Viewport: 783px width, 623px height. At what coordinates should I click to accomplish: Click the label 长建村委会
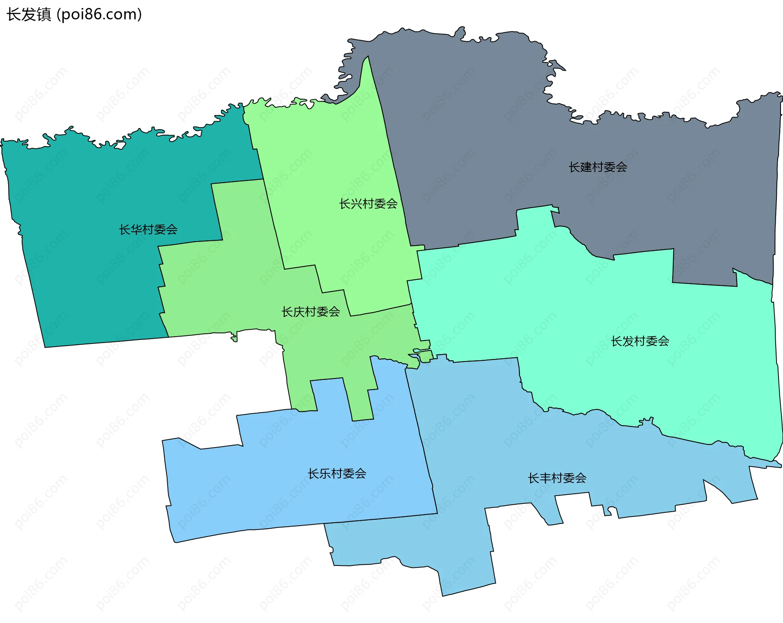coord(598,167)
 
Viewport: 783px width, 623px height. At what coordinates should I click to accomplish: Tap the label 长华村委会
coord(148,230)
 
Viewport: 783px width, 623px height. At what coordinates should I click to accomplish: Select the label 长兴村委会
coord(368,204)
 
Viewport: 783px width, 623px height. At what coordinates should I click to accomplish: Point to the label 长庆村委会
coord(311,312)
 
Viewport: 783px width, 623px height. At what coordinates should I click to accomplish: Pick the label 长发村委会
coord(640,341)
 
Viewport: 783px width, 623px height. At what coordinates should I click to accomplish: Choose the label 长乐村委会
coord(337,474)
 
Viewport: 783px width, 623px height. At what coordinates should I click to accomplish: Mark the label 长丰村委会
coord(557,478)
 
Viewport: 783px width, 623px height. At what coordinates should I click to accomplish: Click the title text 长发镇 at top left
coord(29,15)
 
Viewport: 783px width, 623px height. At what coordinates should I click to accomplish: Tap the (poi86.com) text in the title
coord(100,15)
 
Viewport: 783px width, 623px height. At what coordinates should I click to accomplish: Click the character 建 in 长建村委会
coord(586,167)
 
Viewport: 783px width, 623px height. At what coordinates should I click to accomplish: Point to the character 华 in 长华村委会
coord(136,230)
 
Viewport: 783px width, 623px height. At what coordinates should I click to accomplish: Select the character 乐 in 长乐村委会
coord(325,474)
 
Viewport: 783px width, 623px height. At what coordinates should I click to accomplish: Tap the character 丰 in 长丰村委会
coord(545,478)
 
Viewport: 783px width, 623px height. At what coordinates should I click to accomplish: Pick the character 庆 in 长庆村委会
coord(299,312)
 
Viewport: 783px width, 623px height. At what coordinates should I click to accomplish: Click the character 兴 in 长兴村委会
coord(356,204)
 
